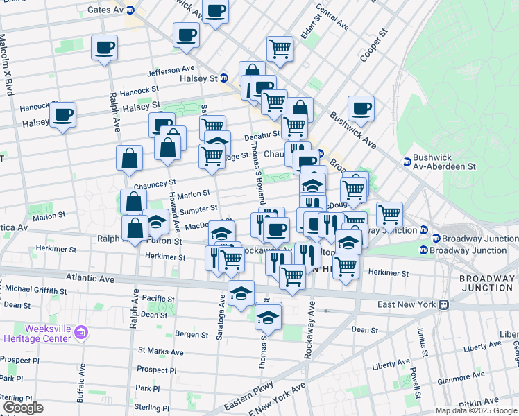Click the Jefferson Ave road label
pyautogui.click(x=171, y=70)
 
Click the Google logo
pyautogui.click(x=23, y=408)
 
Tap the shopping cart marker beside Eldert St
pyautogui.click(x=279, y=49)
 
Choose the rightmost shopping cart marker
pyautogui.click(x=390, y=215)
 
